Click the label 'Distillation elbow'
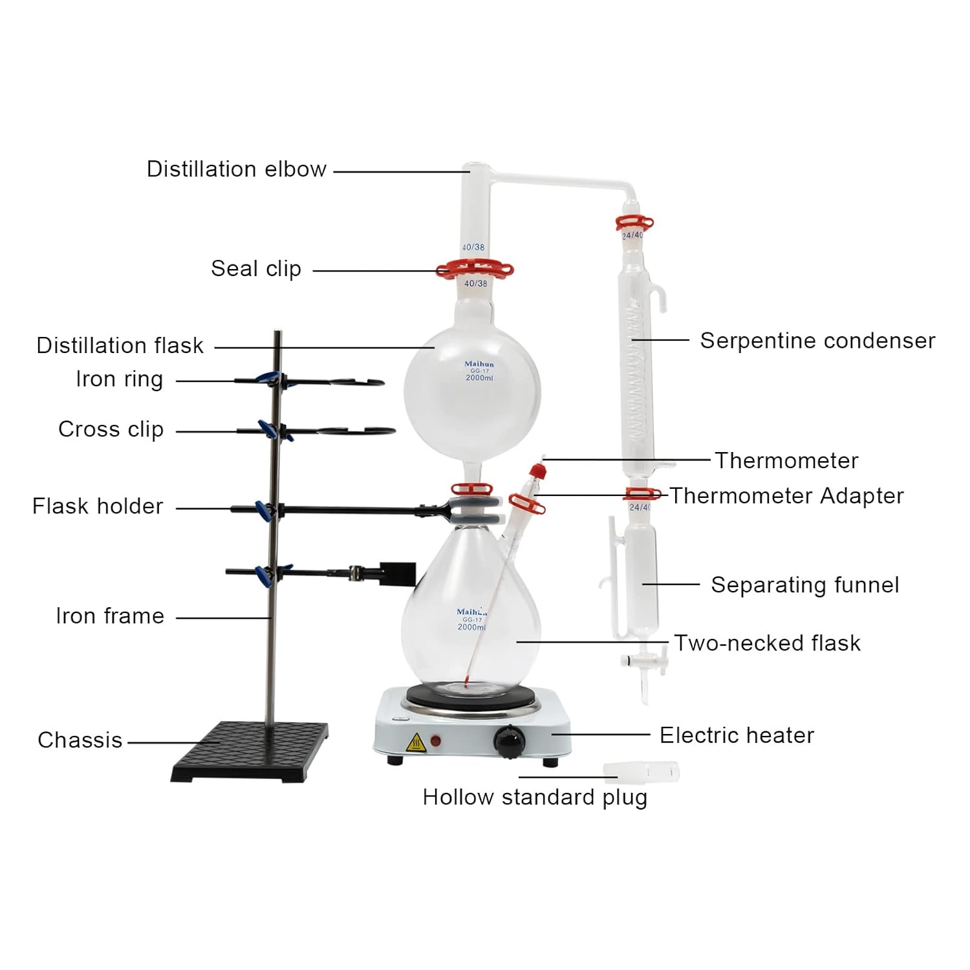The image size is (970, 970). pyautogui.click(x=236, y=169)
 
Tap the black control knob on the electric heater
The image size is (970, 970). pyautogui.click(x=510, y=739)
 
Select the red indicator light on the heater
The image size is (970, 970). pyautogui.click(x=436, y=740)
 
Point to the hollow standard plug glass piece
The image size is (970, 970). pyautogui.click(x=640, y=771)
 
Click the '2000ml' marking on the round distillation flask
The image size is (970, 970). pyautogui.click(x=479, y=378)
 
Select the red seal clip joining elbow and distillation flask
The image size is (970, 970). pyautogui.click(x=474, y=269)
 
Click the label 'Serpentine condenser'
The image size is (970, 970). pyautogui.click(x=817, y=341)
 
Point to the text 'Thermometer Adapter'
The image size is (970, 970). pyautogui.click(x=786, y=496)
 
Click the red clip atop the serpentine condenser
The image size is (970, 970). pyautogui.click(x=634, y=224)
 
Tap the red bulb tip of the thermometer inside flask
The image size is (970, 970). pyautogui.click(x=466, y=680)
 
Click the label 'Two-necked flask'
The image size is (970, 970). pyautogui.click(x=767, y=643)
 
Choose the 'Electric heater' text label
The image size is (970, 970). pyautogui.click(x=737, y=735)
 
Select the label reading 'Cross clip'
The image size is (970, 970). pyautogui.click(x=111, y=429)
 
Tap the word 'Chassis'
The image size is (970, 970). pyautogui.click(x=80, y=740)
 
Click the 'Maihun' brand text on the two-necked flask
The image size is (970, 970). pyautogui.click(x=471, y=611)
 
